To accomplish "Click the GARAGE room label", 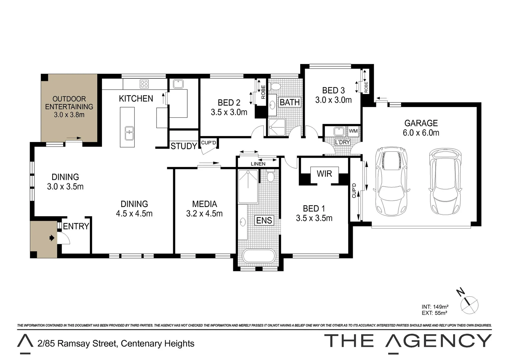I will pos(421,123).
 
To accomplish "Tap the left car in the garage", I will pos(391,181).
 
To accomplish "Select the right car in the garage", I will pos(445,181).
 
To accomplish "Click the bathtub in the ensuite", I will pos(258,256).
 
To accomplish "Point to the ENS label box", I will pos(264,220).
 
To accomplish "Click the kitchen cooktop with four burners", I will pos(144,84).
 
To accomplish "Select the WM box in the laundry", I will pos(353,131).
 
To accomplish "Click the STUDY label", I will pos(184,146).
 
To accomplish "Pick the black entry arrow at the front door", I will pos(51,238).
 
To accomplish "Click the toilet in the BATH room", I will pos(275,87).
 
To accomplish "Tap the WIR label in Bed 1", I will pos(324,174).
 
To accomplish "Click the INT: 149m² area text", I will pos(435,307).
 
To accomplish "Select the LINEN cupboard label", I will pos(258,164).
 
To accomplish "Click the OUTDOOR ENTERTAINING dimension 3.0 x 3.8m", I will pos(69,115).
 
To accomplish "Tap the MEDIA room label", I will pos(204,204).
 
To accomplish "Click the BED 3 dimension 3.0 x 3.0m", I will pos(333,100).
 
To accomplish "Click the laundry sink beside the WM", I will pos(338,131).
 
